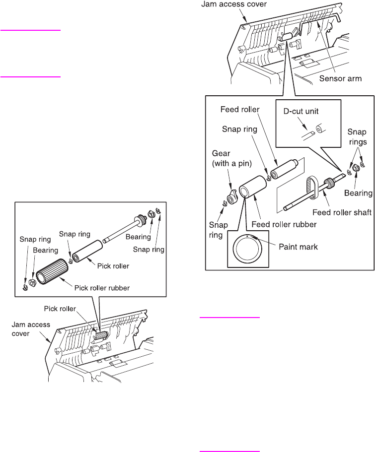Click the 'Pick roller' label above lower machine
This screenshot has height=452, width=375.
76,308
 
